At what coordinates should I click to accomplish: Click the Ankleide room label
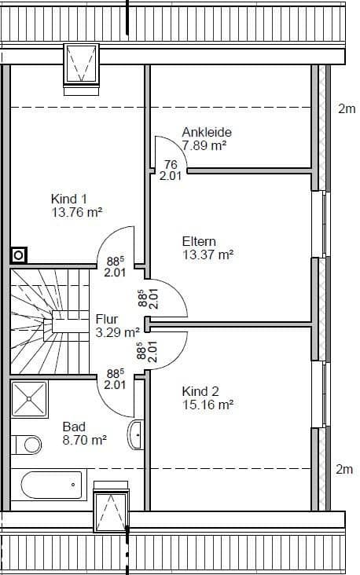[207, 132]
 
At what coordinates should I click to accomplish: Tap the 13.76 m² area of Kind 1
[78, 212]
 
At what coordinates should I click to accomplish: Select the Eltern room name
[199, 241]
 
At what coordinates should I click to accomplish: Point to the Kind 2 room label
[200, 391]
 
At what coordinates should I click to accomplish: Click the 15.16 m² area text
[208, 405]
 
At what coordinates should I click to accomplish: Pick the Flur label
[107, 319]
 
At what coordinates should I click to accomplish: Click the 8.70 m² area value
[85, 441]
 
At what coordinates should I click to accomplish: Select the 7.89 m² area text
[204, 145]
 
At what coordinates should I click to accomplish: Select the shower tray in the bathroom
[29, 398]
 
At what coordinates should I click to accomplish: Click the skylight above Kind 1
[80, 63]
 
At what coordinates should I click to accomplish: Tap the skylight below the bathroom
[110, 512]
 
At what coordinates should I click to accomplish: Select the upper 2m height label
[347, 109]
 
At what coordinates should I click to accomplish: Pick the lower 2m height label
[344, 469]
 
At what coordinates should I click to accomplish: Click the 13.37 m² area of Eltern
[208, 255]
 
